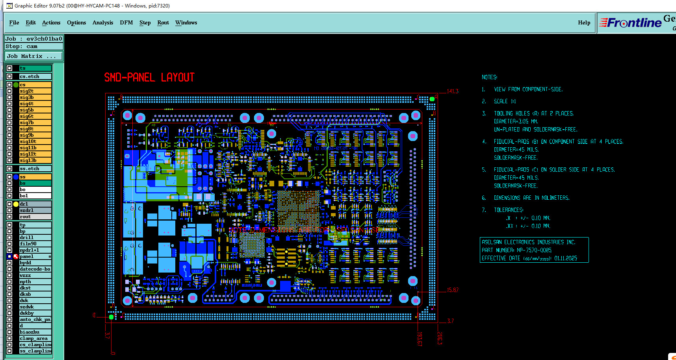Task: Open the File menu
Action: pos(14,23)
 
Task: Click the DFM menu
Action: pos(126,23)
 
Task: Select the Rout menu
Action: pos(163,23)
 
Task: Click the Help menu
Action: pos(584,23)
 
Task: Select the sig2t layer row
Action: pos(35,91)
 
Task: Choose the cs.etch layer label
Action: pos(35,76)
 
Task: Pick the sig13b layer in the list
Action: pos(35,160)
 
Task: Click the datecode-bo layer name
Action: pos(35,269)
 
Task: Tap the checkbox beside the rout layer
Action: pos(9,217)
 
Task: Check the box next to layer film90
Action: pos(9,244)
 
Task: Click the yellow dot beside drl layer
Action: pos(16,204)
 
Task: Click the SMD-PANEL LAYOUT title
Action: pos(149,78)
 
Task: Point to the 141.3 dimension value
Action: pos(453,91)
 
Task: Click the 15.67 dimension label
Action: pos(453,290)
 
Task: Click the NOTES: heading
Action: pos(489,77)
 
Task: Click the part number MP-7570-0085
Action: pos(534,250)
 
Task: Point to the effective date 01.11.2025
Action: pos(566,258)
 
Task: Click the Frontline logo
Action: pos(631,23)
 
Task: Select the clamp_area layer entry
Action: pos(35,338)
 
